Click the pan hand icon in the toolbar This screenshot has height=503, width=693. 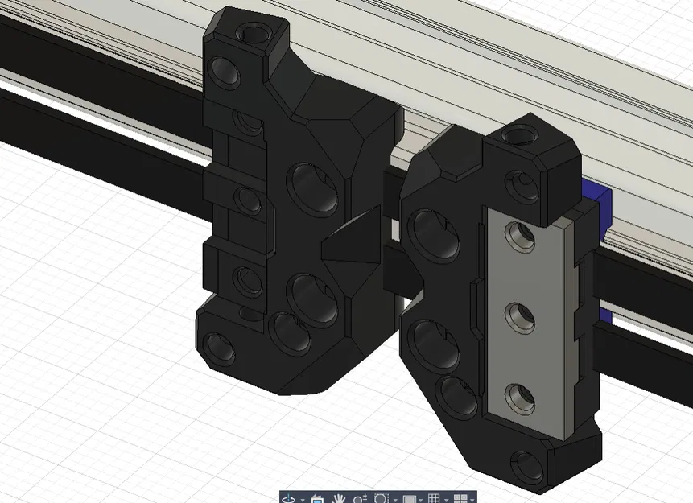(339, 498)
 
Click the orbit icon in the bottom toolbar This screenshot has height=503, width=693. (288, 498)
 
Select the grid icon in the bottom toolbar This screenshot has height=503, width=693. (434, 498)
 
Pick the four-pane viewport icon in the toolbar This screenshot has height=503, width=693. (460, 498)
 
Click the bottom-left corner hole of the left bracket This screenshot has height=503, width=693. (220, 347)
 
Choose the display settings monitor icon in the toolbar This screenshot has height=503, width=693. (409, 498)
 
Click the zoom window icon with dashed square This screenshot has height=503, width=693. (382, 498)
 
